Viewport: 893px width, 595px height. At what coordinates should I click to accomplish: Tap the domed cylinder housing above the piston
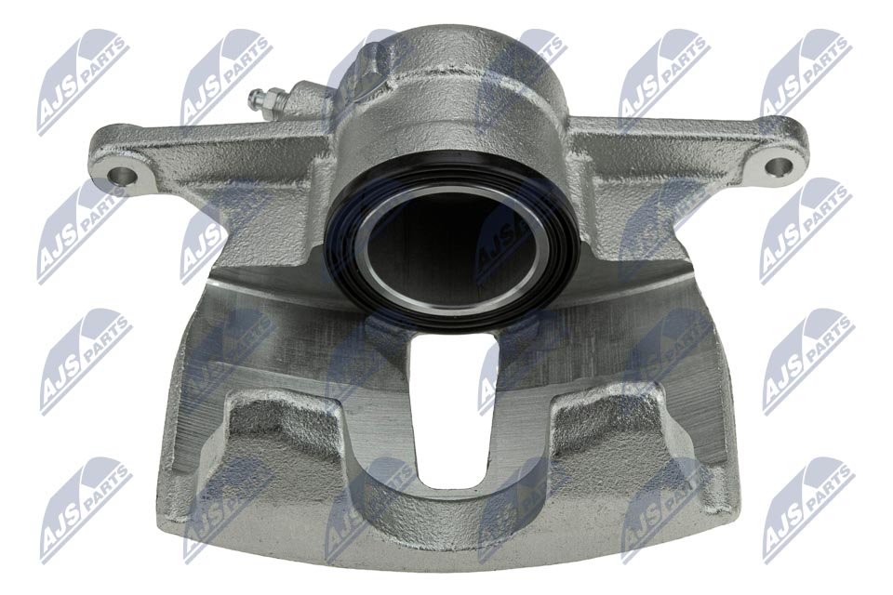(456, 102)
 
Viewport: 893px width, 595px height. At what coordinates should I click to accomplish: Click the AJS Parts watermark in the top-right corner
(805, 74)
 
